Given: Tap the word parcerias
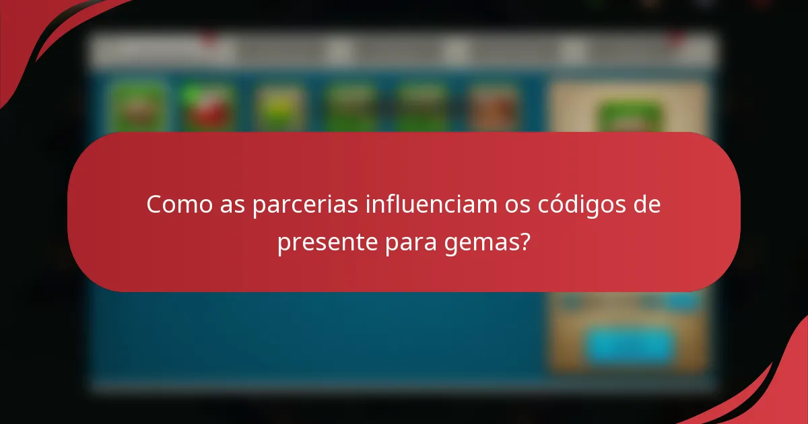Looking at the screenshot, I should click(305, 205).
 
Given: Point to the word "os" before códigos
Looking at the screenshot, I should click(517, 205).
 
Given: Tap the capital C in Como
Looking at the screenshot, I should click(154, 205).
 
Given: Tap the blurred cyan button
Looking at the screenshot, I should click(630, 345).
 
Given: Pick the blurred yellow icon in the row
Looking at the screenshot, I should click(279, 108).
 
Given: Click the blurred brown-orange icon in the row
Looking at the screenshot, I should click(493, 108).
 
